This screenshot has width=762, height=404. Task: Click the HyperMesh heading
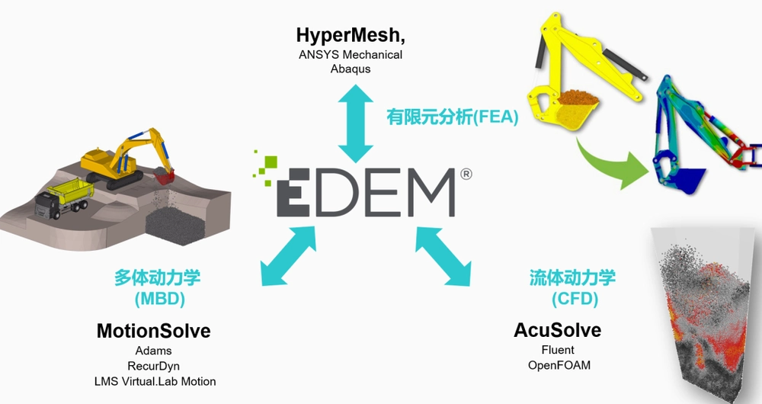click(351, 36)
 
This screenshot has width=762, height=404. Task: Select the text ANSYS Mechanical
click(351, 54)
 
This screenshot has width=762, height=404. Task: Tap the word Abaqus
click(351, 69)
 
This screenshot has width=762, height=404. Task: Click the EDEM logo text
click(366, 193)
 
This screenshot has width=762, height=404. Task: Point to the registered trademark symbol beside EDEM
click(466, 174)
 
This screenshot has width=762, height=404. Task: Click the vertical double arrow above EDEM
click(356, 123)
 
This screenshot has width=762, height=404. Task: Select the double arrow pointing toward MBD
click(288, 255)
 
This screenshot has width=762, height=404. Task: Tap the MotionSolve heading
click(154, 331)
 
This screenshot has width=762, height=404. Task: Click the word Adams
click(154, 351)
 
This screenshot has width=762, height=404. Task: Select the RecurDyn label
click(154, 366)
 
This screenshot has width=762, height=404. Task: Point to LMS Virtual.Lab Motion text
click(155, 382)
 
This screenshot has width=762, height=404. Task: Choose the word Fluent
click(558, 350)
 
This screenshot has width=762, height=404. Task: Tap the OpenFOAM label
click(559, 365)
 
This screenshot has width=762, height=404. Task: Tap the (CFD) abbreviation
click(575, 299)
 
